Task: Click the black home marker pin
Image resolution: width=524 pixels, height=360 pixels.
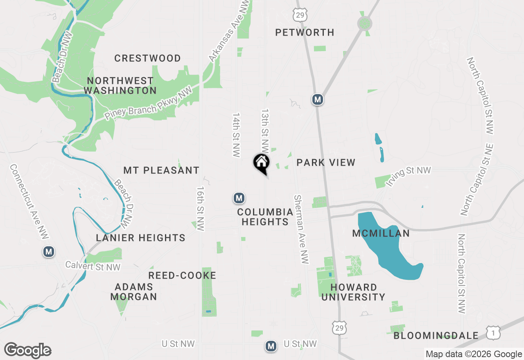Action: pyautogui.click(x=262, y=163)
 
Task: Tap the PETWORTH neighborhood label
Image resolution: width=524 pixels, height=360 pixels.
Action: pyautogui.click(x=305, y=32)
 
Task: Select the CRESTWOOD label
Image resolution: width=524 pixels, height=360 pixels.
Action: pyautogui.click(x=147, y=58)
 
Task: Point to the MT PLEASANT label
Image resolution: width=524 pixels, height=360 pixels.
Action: pyautogui.click(x=161, y=170)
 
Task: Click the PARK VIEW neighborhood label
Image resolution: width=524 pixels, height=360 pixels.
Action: pyautogui.click(x=326, y=162)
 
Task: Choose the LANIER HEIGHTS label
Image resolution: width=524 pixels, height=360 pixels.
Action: pyautogui.click(x=140, y=238)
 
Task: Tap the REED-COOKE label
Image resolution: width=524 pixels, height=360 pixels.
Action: pyautogui.click(x=182, y=275)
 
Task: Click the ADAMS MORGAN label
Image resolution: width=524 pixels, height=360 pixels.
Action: pyautogui.click(x=133, y=292)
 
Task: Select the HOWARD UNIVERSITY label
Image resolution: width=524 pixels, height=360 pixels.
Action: pyautogui.click(x=353, y=292)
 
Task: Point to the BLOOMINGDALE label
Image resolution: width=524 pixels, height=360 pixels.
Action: pyautogui.click(x=436, y=336)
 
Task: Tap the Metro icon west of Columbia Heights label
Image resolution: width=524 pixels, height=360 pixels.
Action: pyautogui.click(x=239, y=198)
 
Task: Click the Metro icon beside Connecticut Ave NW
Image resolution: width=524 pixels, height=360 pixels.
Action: pyautogui.click(x=49, y=252)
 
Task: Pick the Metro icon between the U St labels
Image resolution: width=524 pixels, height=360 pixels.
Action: pyautogui.click(x=270, y=346)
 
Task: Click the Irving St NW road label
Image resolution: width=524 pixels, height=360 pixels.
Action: pyautogui.click(x=408, y=176)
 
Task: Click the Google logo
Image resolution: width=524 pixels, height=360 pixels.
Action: pyautogui.click(x=27, y=351)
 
